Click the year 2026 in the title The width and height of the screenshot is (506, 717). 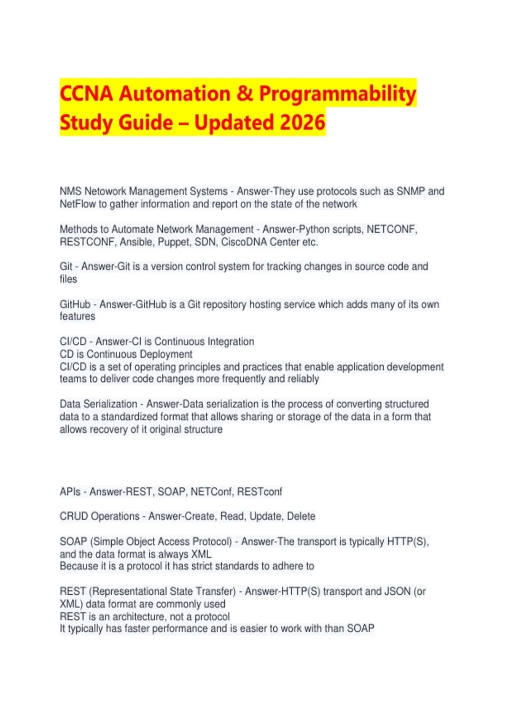click(x=302, y=122)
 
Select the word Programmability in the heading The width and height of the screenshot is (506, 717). click(x=337, y=94)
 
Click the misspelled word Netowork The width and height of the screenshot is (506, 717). click(x=105, y=191)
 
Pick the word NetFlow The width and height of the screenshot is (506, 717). click(x=78, y=204)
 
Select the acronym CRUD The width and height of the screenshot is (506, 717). click(x=74, y=516)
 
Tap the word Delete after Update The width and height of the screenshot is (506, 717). click(x=301, y=516)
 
